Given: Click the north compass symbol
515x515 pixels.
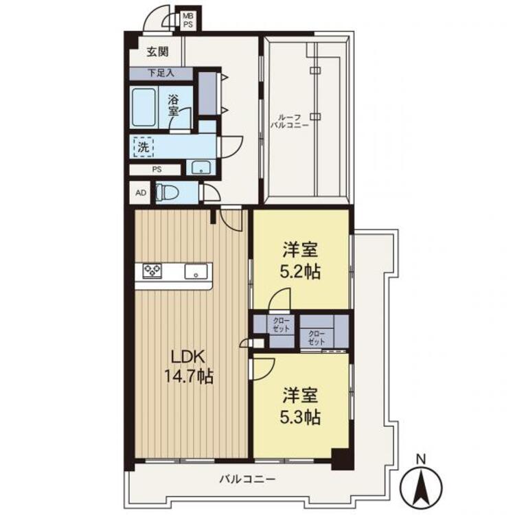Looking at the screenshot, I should click(423, 479).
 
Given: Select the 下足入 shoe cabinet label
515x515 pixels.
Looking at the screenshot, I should click(161, 72).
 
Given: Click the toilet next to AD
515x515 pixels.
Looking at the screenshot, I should click(168, 192).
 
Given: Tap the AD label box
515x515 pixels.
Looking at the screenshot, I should click(141, 193).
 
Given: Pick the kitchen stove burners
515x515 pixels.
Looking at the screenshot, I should click(152, 271).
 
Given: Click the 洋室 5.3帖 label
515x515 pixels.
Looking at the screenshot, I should click(302, 405).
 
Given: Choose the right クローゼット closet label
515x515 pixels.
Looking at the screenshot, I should click(317, 337).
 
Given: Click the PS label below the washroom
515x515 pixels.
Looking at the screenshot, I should click(157, 169).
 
